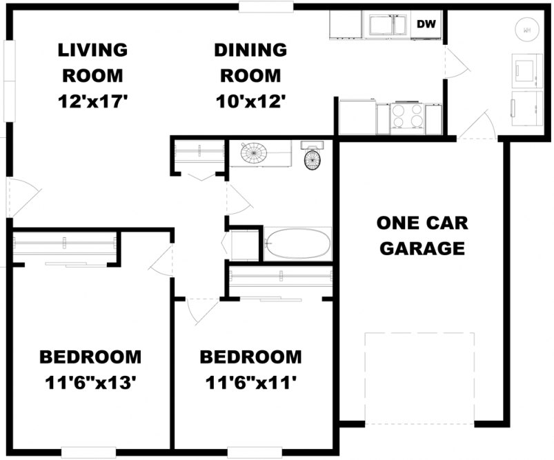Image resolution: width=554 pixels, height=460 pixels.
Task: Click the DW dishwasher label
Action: point(426,25)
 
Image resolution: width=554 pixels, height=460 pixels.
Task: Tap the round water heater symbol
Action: point(526,30)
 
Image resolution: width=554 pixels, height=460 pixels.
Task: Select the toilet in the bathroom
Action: point(313,157)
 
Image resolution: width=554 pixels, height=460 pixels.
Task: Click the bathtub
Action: point(297,244)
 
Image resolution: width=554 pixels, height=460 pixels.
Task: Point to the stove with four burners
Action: point(407,117)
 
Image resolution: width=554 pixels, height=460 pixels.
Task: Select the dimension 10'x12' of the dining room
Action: point(250,101)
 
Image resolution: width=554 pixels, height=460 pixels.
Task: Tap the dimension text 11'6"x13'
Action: point(90,381)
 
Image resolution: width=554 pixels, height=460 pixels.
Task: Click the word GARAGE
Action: point(422,248)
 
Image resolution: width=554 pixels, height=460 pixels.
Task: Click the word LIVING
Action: point(92,50)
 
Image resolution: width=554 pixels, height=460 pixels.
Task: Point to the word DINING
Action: point(250,50)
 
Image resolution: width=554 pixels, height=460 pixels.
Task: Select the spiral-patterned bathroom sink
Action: point(257,153)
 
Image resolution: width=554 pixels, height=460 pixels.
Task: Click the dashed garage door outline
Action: point(419,378)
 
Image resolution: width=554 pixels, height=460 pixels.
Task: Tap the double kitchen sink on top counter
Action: point(388,25)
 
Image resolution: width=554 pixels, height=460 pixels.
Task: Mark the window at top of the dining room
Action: point(266,6)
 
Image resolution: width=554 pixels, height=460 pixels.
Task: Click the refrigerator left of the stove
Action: point(357,117)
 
